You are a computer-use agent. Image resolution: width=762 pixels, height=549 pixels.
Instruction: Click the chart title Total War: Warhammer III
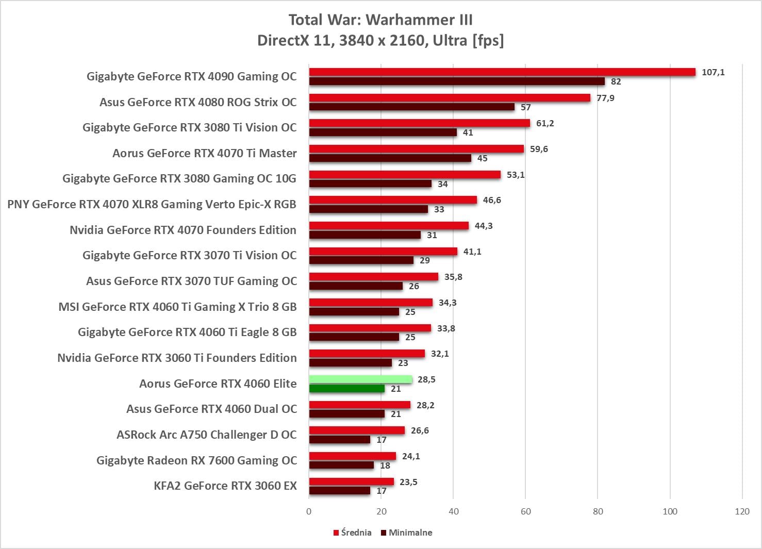pos(380,20)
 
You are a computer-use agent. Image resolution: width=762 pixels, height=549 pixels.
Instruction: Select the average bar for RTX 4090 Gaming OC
pos(502,72)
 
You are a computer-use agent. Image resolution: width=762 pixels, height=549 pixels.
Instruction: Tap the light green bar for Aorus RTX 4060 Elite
pos(360,379)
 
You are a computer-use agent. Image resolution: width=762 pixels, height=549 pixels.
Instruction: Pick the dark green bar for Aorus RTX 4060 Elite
pos(346,389)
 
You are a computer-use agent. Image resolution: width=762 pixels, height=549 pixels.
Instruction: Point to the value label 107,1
pos(713,72)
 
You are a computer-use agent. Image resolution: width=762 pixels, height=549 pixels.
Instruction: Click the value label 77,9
pos(605,98)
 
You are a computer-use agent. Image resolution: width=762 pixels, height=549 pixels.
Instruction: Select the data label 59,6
pos(539,149)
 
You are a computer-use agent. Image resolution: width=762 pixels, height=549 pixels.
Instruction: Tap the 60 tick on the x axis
pos(525,511)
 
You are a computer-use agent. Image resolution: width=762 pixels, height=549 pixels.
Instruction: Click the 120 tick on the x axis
pos(742,511)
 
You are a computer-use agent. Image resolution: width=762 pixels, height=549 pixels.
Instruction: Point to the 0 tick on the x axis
pos(309,511)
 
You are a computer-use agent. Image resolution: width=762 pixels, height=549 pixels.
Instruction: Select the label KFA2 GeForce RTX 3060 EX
pos(225,486)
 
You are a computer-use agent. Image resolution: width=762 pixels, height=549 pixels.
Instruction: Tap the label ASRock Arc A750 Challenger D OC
pos(206,435)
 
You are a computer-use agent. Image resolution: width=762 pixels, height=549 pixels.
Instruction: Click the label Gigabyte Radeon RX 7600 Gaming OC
pos(196,460)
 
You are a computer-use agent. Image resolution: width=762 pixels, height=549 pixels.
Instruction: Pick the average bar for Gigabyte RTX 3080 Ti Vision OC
pos(419,123)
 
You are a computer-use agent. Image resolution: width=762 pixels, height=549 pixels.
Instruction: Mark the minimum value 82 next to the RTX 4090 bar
pos(616,81)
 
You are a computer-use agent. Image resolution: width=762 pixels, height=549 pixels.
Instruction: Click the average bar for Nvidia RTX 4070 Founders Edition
pos(389,226)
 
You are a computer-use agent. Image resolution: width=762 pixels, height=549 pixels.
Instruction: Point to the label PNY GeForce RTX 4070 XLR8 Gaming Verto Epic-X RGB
pos(152,204)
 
